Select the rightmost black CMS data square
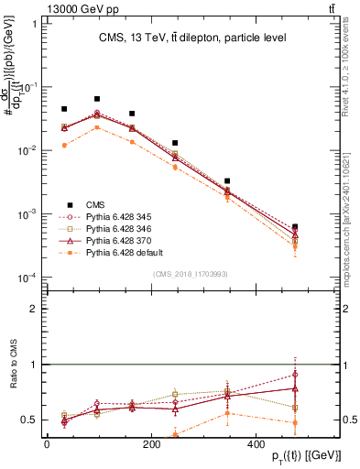click(294, 225)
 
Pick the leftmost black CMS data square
click(63, 109)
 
